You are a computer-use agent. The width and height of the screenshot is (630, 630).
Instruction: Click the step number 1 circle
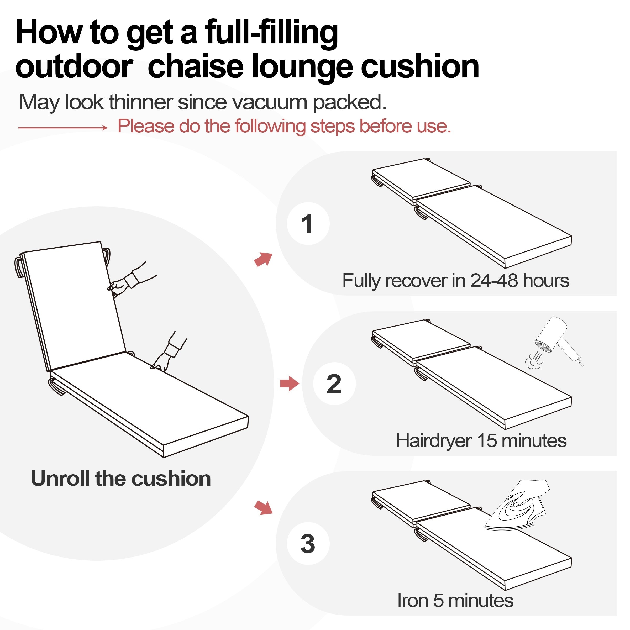coord(308,223)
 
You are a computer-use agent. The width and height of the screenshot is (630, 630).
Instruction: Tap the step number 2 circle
coord(334,384)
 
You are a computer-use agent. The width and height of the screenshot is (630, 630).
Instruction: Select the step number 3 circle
coord(308,544)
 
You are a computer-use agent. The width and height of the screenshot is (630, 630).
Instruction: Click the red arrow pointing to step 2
coord(290,384)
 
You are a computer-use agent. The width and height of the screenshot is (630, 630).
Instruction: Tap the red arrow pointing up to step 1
coord(263,259)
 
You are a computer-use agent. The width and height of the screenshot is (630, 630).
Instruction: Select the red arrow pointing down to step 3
coord(263,508)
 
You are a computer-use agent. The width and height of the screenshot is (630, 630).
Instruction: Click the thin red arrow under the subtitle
coord(63,128)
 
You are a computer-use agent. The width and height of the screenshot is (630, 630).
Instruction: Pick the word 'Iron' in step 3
coord(412,600)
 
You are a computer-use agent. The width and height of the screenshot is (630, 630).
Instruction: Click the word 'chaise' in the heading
coord(196,66)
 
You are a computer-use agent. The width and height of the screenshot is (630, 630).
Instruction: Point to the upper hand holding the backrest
coord(130,279)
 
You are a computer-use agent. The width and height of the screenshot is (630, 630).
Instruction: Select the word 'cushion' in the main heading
coord(420,66)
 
